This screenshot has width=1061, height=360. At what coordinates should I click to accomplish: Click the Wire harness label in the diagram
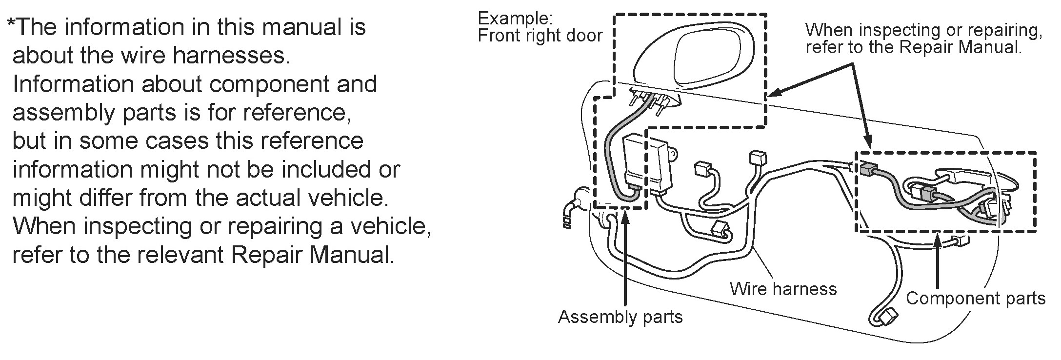pyautogui.click(x=783, y=289)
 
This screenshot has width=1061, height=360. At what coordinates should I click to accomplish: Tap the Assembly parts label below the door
pyautogui.click(x=620, y=317)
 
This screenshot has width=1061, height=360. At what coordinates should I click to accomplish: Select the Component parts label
pyautogui.click(x=975, y=299)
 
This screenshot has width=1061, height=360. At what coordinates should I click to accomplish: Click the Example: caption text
pyautogui.click(x=515, y=19)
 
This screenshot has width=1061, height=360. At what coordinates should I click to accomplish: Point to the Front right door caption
pyautogui.click(x=540, y=36)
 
